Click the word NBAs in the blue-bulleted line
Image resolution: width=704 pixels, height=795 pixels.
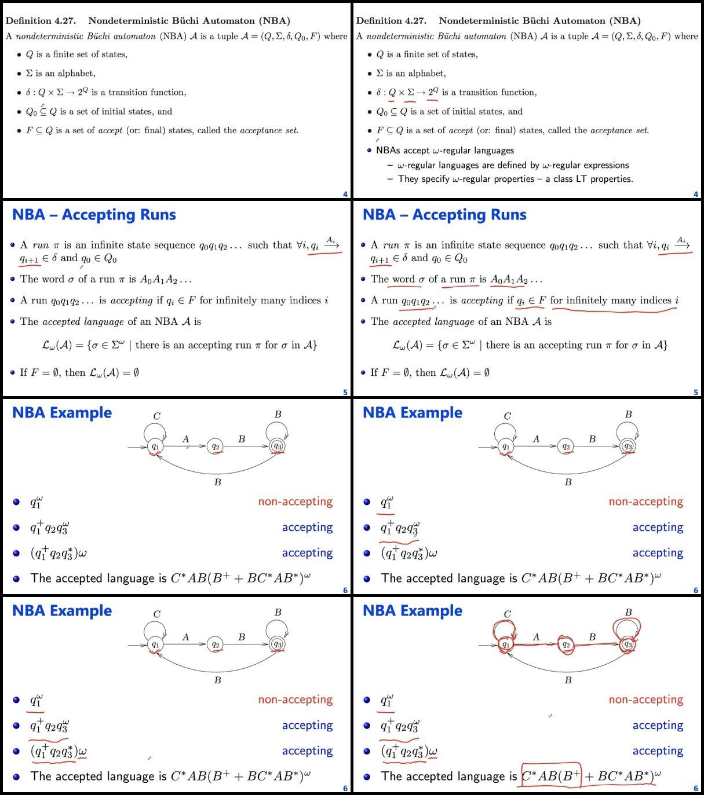click(388, 151)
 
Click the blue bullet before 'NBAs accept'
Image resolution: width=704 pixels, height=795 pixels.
click(369, 151)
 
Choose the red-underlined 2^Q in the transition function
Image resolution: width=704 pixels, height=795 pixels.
click(432, 92)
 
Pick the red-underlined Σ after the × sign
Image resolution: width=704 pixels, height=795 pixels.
click(411, 92)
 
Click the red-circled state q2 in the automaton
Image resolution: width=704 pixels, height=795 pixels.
click(566, 645)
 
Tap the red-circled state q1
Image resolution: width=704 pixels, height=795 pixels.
click(505, 644)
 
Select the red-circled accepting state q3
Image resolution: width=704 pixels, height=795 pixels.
click(628, 644)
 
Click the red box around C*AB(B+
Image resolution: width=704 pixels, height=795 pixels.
click(550, 776)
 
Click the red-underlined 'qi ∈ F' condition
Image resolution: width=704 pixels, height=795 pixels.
click(531, 301)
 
